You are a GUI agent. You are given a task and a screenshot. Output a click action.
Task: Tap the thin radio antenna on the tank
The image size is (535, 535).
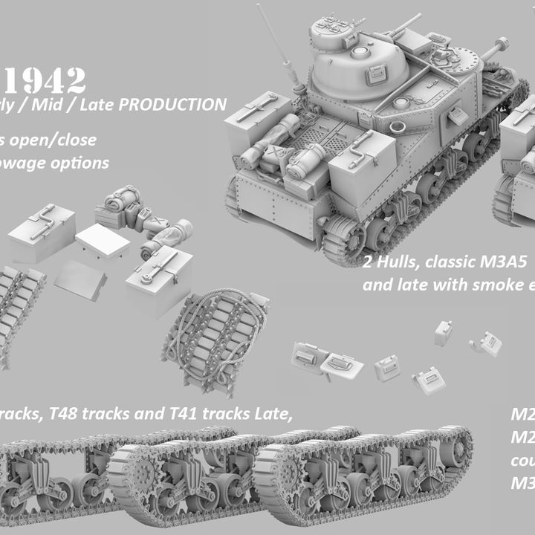pos(279,45)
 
